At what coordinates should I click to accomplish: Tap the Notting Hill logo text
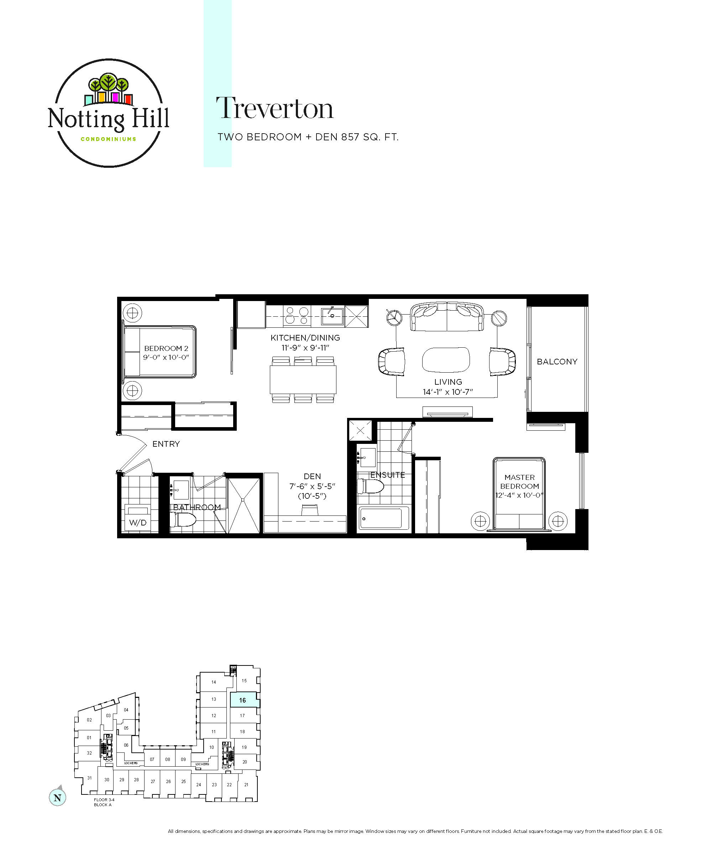pyautogui.click(x=108, y=119)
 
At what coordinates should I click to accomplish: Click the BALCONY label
pyautogui.click(x=557, y=362)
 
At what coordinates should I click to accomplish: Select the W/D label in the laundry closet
pyautogui.click(x=137, y=522)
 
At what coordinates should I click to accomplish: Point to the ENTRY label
pyautogui.click(x=166, y=444)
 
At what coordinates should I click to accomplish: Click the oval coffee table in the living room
pyautogui.click(x=446, y=359)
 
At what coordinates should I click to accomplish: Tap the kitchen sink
pyautogui.click(x=332, y=316)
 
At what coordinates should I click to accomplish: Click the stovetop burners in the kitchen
pyautogui.click(x=297, y=316)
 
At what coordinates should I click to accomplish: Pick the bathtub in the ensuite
pyautogui.click(x=384, y=518)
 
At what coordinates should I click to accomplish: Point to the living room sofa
pyautogui.click(x=447, y=316)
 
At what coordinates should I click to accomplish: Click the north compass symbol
pyautogui.click(x=57, y=797)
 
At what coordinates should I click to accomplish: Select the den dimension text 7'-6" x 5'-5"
pyautogui.click(x=312, y=486)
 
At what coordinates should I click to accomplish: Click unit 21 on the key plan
pyautogui.click(x=246, y=784)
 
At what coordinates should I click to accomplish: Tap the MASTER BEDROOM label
pyautogui.click(x=519, y=482)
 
